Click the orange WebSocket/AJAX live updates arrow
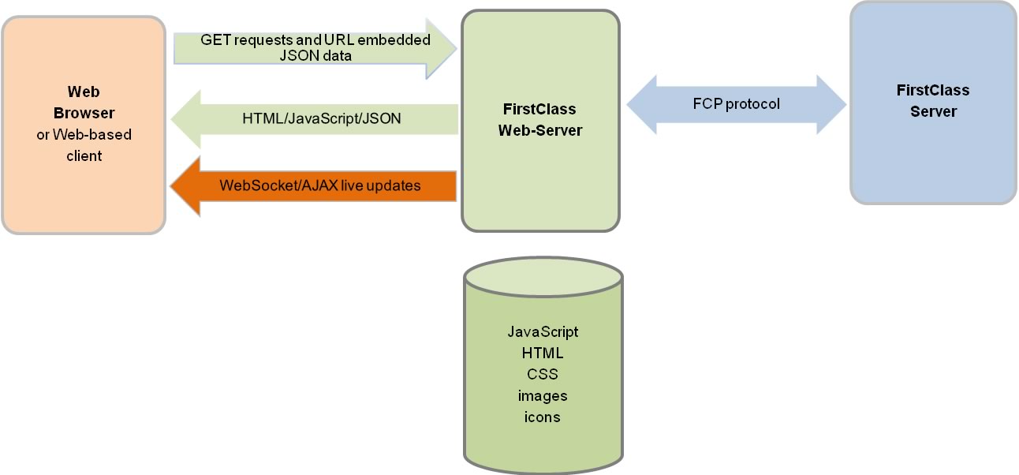(315, 186)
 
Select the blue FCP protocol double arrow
(736, 104)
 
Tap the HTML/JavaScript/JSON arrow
(315, 119)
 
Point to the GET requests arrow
(315, 48)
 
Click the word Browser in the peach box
(84, 113)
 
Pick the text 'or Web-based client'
(84, 145)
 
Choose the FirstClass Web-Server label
(539, 120)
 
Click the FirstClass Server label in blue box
(933, 101)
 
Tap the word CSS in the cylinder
(543, 374)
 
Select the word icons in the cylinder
(543, 417)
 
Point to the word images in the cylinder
(543, 395)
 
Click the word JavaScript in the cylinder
(543, 331)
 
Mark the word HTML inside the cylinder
(543, 353)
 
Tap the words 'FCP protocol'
(735, 104)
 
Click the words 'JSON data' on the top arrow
(315, 56)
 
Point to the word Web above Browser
(84, 92)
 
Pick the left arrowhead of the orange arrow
(185, 186)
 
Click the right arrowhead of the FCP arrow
(832, 104)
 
